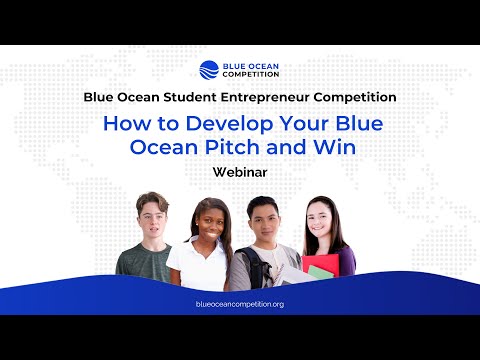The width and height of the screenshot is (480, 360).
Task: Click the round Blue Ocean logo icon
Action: (x=209, y=70)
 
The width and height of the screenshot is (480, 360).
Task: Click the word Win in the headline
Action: (x=331, y=148)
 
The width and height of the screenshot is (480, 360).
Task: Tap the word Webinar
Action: (x=239, y=172)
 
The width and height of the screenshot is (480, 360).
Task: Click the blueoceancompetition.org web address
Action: (x=239, y=303)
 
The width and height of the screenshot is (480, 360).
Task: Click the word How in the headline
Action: (x=123, y=125)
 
